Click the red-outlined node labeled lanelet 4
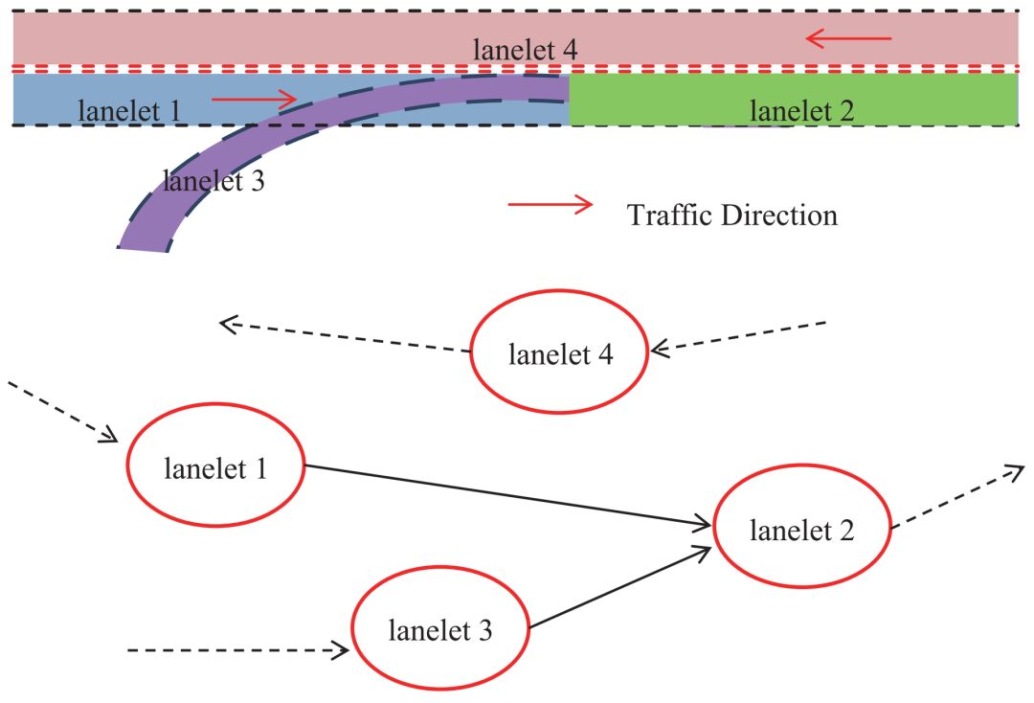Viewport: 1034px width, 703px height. click(x=560, y=352)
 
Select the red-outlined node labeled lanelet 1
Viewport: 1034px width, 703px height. click(x=215, y=469)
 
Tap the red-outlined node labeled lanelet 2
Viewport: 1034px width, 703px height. click(x=801, y=529)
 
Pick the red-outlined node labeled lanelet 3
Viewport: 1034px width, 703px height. click(x=440, y=630)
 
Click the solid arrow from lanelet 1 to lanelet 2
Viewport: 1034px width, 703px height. click(x=507, y=495)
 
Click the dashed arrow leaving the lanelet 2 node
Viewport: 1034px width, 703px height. click(x=957, y=497)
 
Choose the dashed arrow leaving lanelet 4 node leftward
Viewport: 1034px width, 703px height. click(x=345, y=337)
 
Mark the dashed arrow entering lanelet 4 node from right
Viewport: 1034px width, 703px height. click(x=737, y=336)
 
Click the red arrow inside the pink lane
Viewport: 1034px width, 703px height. click(x=848, y=39)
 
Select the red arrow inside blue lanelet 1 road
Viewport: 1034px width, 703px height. click(x=254, y=99)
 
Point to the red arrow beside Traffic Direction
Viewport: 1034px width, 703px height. click(x=550, y=204)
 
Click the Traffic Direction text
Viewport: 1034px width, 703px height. click(x=732, y=215)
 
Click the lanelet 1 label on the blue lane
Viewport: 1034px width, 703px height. click(x=128, y=110)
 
